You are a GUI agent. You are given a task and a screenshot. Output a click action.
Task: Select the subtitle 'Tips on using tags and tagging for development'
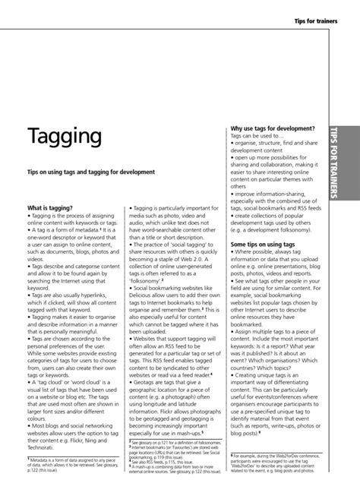click(x=91, y=172)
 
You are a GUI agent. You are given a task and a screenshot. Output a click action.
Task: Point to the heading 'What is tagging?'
click(x=51, y=207)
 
